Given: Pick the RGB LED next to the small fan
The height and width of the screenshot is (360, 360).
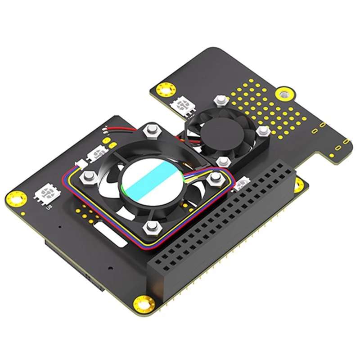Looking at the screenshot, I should coord(184,106).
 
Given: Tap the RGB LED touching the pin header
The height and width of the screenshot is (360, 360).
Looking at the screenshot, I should coord(243,182).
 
